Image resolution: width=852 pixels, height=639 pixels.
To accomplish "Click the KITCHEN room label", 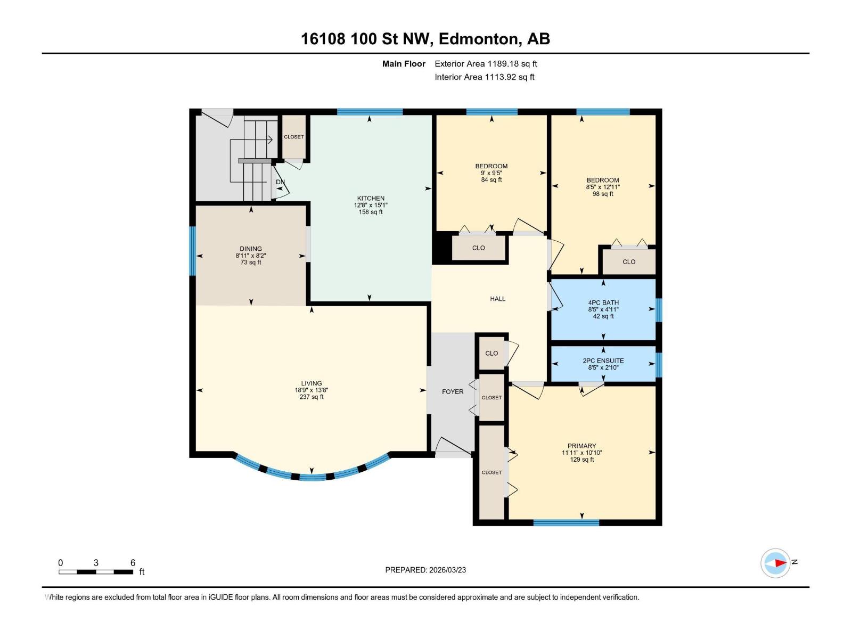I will click(371, 198).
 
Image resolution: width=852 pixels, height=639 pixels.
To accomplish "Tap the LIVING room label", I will click(312, 383).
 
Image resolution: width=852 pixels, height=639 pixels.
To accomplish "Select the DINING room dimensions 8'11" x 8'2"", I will click(251, 256).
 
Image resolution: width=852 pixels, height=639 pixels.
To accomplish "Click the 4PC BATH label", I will click(603, 302).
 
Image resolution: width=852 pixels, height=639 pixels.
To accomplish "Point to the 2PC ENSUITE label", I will click(603, 361).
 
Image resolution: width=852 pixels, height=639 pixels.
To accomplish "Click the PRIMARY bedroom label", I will click(581, 446).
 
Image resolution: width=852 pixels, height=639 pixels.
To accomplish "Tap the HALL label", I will click(498, 299).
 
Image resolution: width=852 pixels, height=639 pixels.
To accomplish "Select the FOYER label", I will click(453, 391).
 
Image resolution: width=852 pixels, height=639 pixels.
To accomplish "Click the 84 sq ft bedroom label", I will click(491, 166).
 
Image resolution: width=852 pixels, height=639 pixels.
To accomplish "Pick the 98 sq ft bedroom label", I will click(603, 180).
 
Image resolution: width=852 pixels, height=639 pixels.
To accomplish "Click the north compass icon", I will click(775, 563).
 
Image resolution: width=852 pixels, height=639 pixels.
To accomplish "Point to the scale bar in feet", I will click(96, 572).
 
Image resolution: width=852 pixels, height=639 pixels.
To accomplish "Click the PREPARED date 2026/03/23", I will click(425, 570).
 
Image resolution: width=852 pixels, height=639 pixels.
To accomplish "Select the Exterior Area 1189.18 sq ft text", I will click(486, 63).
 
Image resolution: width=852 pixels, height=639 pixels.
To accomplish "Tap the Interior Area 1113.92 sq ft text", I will click(484, 77).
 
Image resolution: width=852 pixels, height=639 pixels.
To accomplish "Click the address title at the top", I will click(425, 39).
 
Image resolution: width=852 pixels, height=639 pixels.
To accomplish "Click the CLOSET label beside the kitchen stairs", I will click(294, 137).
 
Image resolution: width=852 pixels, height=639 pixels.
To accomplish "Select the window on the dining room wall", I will click(193, 251).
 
